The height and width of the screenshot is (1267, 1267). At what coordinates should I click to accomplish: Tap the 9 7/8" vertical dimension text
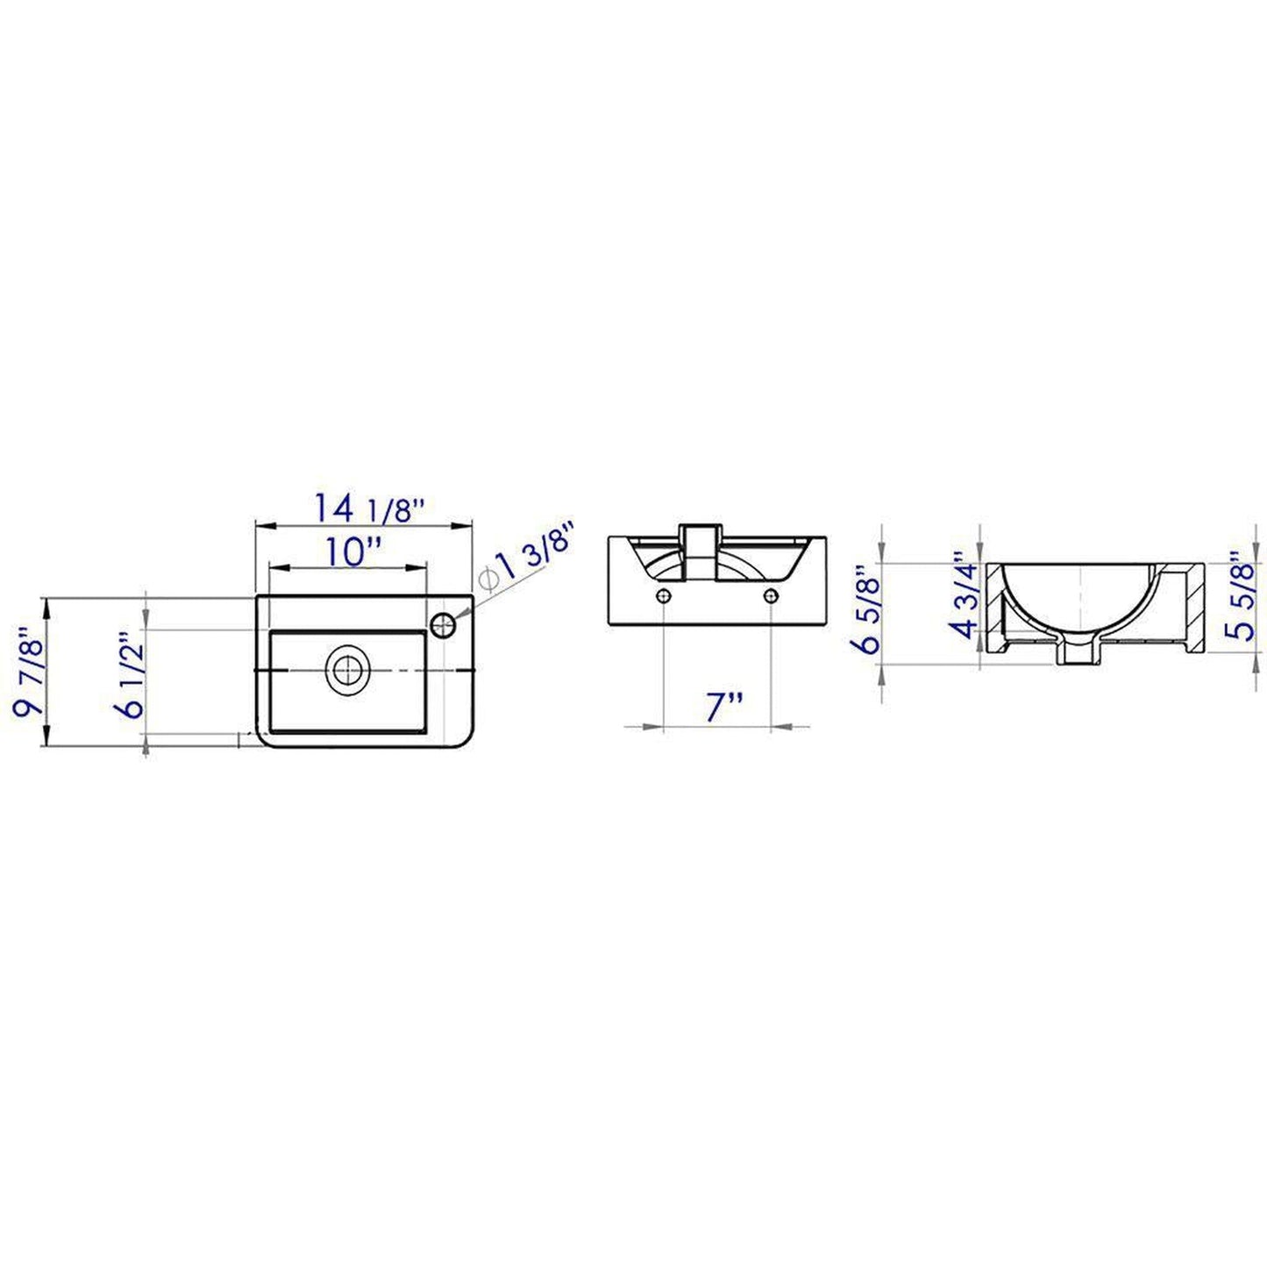[28, 671]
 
